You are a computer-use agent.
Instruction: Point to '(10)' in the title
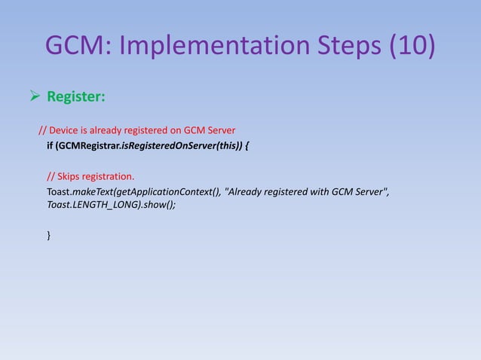click(411, 47)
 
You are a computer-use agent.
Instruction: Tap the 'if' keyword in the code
click(51, 145)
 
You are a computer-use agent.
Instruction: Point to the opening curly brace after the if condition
click(249, 145)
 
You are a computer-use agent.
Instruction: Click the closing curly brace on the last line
click(49, 236)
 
